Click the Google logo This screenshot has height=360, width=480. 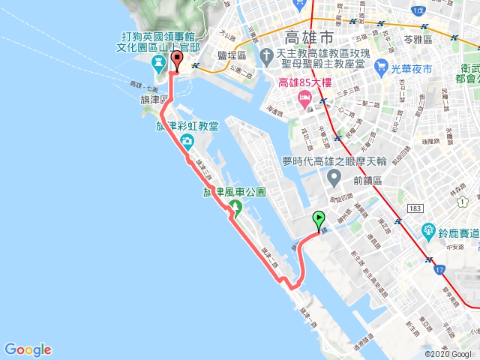point(28,349)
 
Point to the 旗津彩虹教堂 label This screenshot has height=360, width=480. point(187,126)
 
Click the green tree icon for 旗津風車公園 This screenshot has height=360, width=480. point(235,207)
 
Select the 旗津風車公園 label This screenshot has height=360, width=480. point(235,192)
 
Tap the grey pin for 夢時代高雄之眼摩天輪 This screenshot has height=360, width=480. point(335,178)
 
